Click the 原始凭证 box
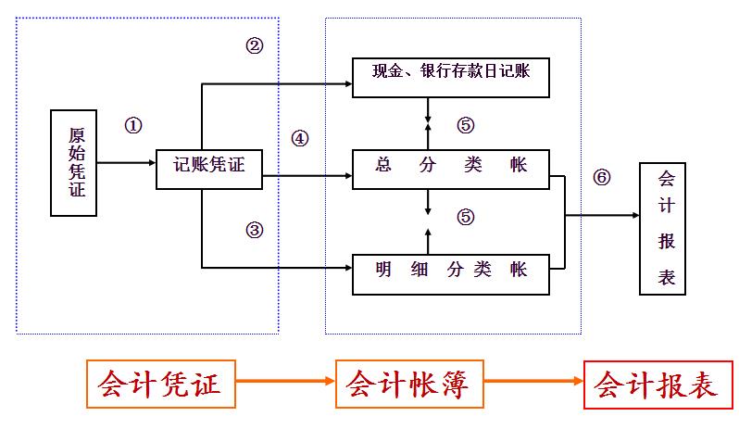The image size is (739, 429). point(74,162)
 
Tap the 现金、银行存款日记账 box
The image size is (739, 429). point(451,76)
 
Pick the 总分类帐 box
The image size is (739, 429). point(451,167)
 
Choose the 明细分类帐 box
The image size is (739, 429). point(451,270)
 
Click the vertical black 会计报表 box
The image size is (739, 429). point(662,227)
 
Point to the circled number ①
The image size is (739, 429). point(133,126)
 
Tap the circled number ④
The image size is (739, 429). point(299,139)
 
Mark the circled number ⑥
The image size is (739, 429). point(602,178)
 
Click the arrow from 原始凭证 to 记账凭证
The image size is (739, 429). point(127,164)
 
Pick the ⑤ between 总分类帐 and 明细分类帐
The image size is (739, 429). point(465,217)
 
